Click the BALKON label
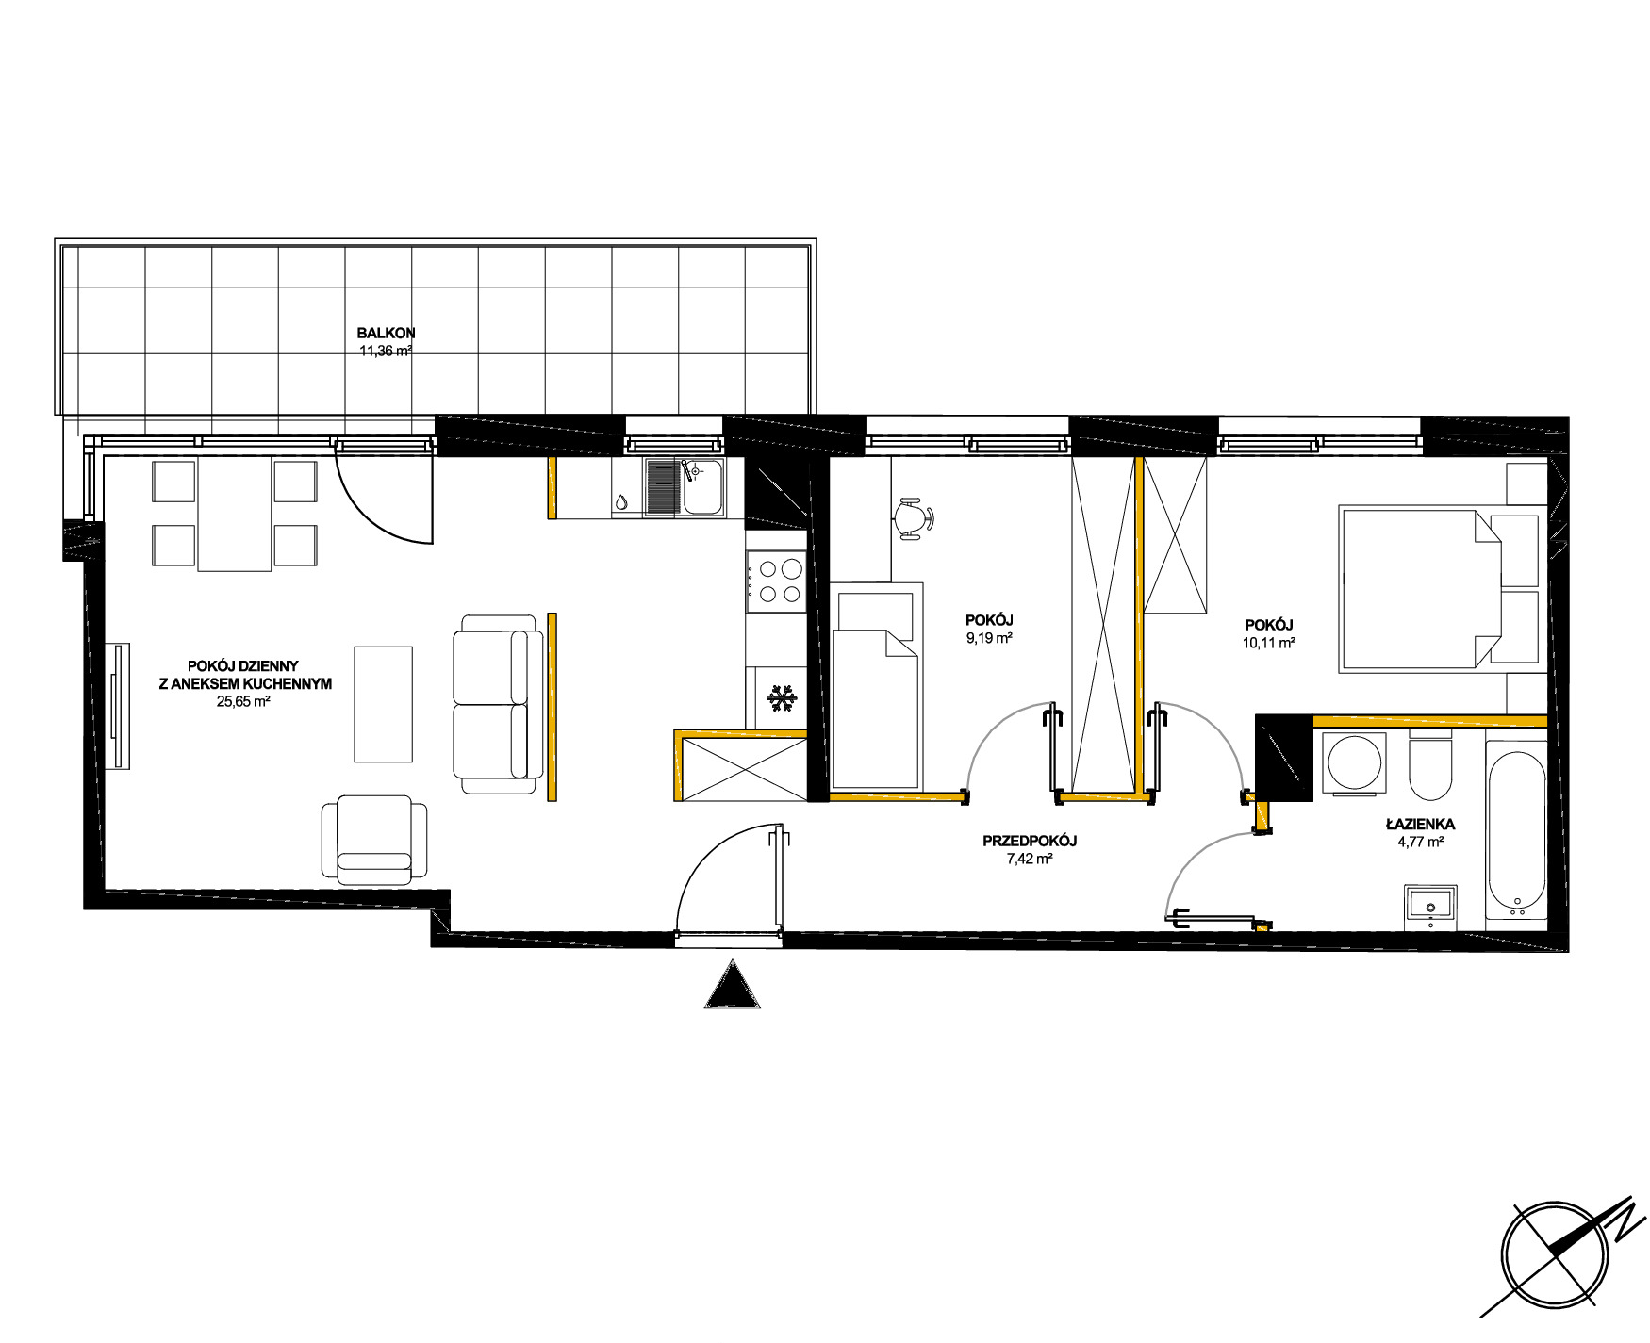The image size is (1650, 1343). [x=386, y=333]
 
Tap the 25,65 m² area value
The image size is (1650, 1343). [x=243, y=701]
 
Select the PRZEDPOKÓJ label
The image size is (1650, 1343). [x=1030, y=841]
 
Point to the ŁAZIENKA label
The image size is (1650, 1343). [x=1420, y=824]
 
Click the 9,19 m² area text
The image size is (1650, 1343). [x=989, y=638]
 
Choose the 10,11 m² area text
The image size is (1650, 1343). [x=1268, y=643]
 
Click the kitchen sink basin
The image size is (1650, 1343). [x=703, y=487]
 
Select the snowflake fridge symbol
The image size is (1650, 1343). [x=781, y=699]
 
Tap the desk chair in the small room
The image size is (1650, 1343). [x=913, y=518]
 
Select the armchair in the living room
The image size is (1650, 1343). [x=374, y=840]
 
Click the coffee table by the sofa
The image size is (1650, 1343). [x=383, y=703]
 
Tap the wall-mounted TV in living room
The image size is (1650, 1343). [x=118, y=705]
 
